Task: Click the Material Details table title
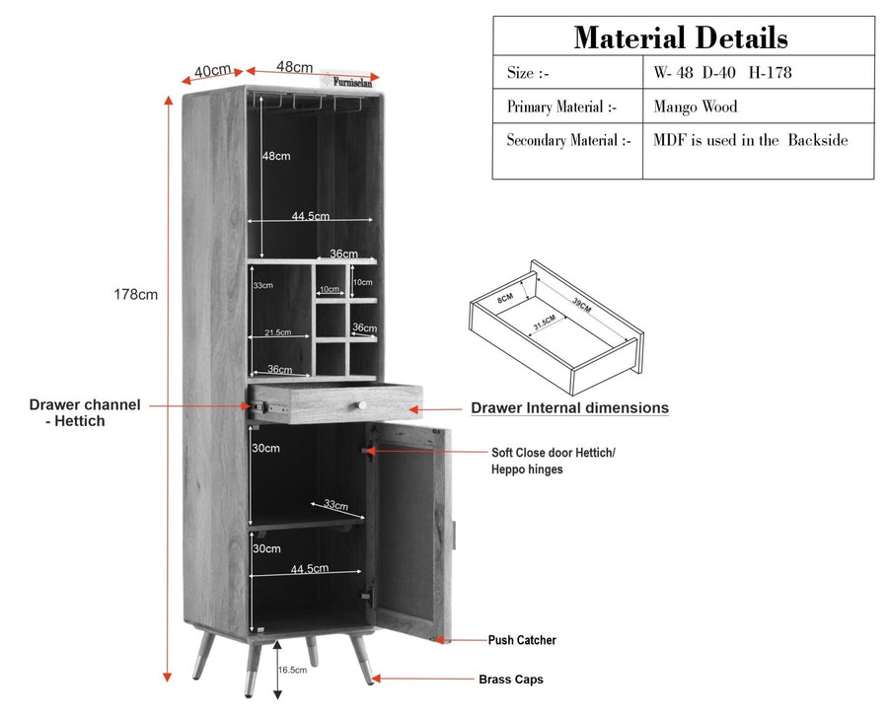(x=681, y=37)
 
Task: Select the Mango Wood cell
(x=696, y=107)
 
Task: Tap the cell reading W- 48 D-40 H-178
(x=722, y=72)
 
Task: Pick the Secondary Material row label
(x=568, y=140)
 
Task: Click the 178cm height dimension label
(x=136, y=294)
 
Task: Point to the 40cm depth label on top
(x=212, y=71)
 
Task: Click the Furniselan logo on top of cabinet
(x=349, y=81)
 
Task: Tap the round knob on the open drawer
(x=361, y=405)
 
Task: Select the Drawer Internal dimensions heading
(x=569, y=407)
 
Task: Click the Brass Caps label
(x=511, y=680)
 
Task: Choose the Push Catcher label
(x=522, y=640)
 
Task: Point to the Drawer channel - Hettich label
(x=85, y=412)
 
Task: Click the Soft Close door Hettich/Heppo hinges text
(x=554, y=461)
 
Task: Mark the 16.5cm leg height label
(x=292, y=670)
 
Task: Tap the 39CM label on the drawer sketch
(x=581, y=305)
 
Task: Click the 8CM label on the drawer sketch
(x=505, y=298)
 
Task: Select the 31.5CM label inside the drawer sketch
(x=545, y=323)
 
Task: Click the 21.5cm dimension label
(x=277, y=332)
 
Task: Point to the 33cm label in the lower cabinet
(x=336, y=504)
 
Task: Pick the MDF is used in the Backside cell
(x=751, y=140)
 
